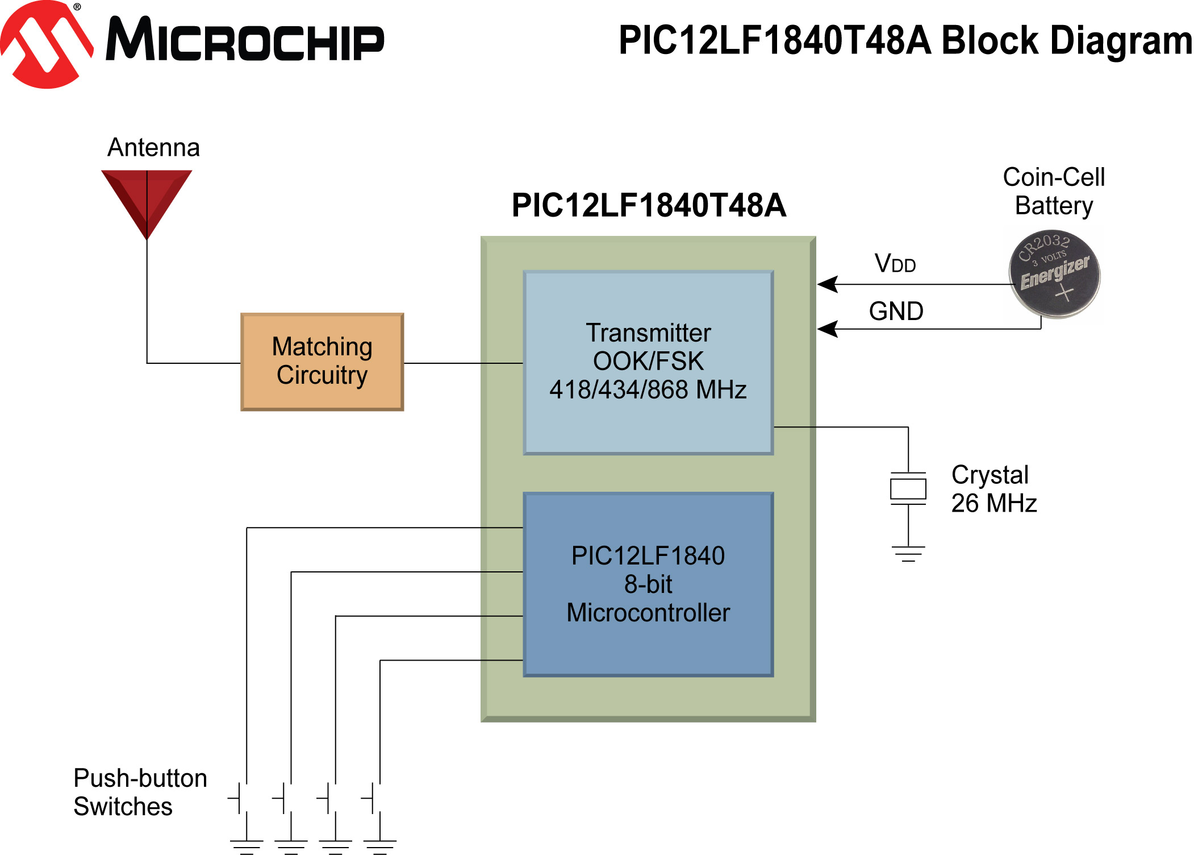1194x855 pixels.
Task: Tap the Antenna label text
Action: click(153, 147)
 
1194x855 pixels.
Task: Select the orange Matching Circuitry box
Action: click(322, 362)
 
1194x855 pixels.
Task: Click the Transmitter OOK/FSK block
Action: click(648, 362)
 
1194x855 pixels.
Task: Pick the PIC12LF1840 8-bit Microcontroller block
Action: click(648, 584)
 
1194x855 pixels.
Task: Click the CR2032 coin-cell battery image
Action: click(1054, 273)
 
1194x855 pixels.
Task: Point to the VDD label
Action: click(895, 263)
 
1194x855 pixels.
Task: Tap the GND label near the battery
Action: click(896, 312)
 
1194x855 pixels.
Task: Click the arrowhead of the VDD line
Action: click(827, 284)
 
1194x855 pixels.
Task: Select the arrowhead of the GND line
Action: click(827, 329)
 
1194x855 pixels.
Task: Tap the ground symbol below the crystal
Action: click(908, 554)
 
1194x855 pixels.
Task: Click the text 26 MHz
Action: click(993, 503)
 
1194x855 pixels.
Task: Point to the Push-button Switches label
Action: click(140, 792)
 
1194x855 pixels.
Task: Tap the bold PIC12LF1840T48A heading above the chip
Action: click(648, 205)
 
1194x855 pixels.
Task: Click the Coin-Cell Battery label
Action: click(1054, 191)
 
